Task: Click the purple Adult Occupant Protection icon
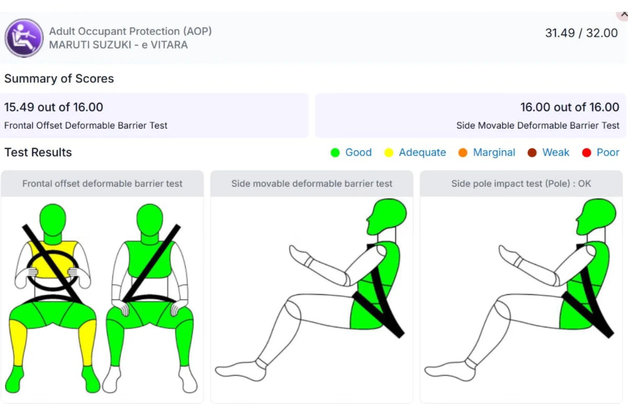tap(24, 38)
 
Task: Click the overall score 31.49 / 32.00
tap(581, 33)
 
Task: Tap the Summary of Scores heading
tap(59, 79)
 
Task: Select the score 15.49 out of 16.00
tap(54, 107)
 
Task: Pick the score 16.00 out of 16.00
tap(570, 107)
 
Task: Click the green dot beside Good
tap(335, 153)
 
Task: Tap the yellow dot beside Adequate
tap(389, 153)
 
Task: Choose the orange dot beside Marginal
tap(463, 153)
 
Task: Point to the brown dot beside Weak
tap(532, 153)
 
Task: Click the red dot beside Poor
tap(586, 153)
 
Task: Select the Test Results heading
tap(38, 152)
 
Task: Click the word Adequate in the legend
tap(422, 153)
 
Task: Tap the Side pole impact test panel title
tap(521, 184)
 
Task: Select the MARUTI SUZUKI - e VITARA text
tap(118, 45)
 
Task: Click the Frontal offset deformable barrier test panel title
tap(102, 184)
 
